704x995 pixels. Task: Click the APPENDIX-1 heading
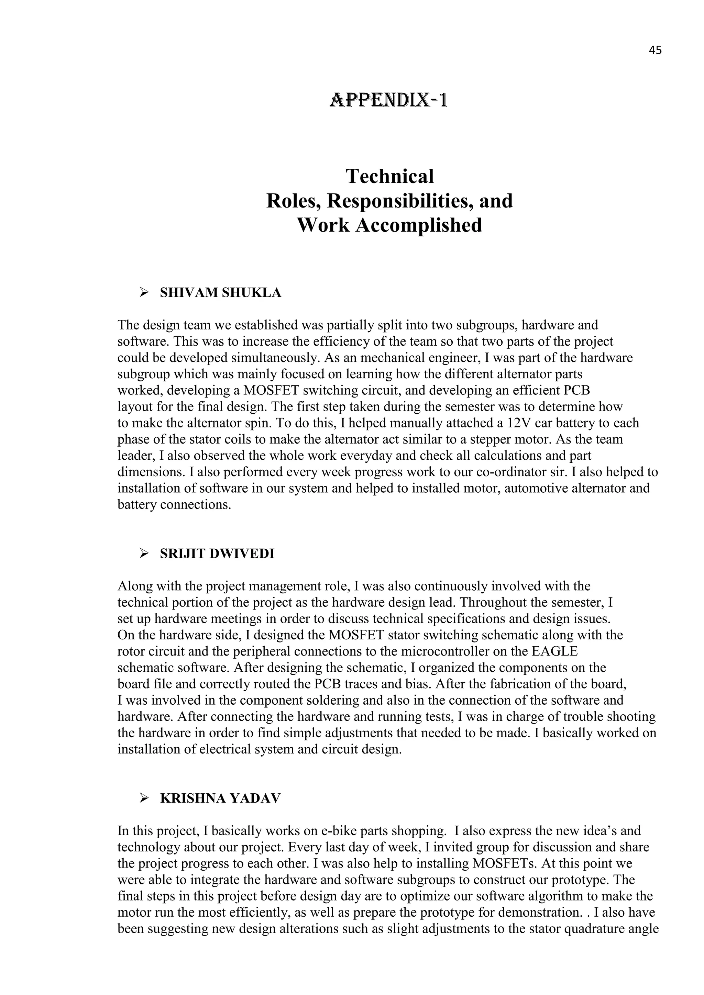click(389, 101)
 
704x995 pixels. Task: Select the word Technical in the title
click(389, 176)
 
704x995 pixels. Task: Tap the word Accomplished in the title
click(418, 225)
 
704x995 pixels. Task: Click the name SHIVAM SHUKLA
click(220, 293)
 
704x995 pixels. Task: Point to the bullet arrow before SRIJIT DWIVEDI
click(143, 554)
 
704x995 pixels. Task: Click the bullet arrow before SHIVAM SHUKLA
click(143, 293)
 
